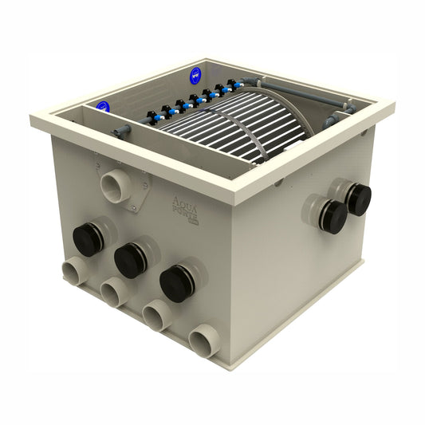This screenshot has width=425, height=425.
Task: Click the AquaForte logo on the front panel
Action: (x=188, y=210)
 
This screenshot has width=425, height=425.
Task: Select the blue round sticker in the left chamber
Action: (x=102, y=107)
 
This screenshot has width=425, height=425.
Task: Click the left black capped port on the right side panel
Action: (x=331, y=216)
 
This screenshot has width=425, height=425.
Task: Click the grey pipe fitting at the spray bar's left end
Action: (x=123, y=130)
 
